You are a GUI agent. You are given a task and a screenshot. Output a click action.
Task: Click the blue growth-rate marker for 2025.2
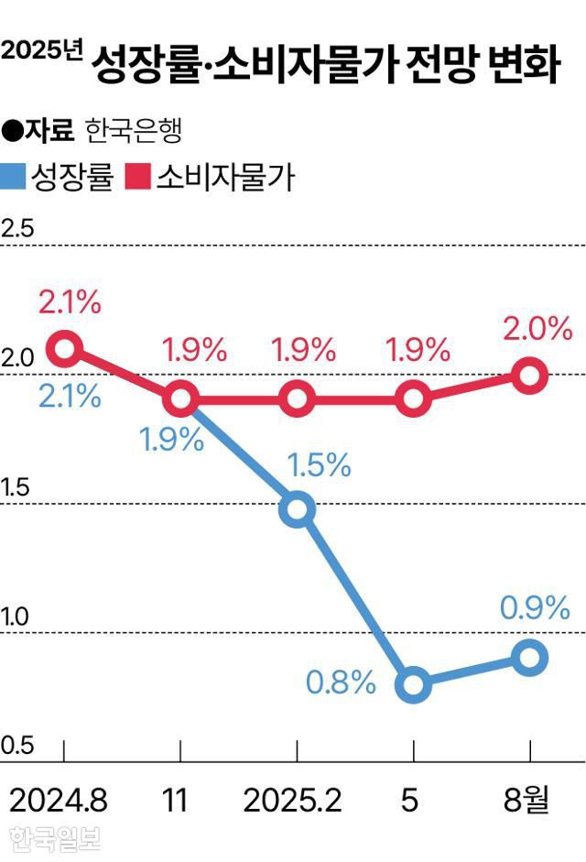click(297, 509)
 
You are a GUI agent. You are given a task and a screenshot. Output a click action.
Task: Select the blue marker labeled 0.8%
click(413, 684)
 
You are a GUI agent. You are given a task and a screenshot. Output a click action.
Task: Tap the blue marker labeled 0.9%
click(529, 657)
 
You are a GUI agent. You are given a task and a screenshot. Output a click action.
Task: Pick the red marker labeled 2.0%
click(529, 375)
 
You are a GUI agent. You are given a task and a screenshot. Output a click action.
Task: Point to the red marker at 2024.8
click(64, 348)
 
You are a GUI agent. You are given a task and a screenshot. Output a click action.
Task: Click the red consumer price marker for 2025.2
click(297, 398)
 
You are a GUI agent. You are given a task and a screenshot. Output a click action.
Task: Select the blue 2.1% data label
click(70, 397)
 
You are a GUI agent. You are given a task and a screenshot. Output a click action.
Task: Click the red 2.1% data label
click(70, 301)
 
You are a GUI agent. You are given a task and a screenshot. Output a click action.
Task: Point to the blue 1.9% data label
click(171, 440)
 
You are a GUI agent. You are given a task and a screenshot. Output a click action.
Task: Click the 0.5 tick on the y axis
click(17, 746)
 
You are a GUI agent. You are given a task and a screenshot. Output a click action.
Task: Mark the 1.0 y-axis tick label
click(17, 617)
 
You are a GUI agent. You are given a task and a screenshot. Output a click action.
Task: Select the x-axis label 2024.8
click(59, 801)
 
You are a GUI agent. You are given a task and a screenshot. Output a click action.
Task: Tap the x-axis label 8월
click(527, 801)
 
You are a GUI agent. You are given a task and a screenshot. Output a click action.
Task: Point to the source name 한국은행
click(134, 132)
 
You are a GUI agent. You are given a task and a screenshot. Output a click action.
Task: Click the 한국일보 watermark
click(55, 839)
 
